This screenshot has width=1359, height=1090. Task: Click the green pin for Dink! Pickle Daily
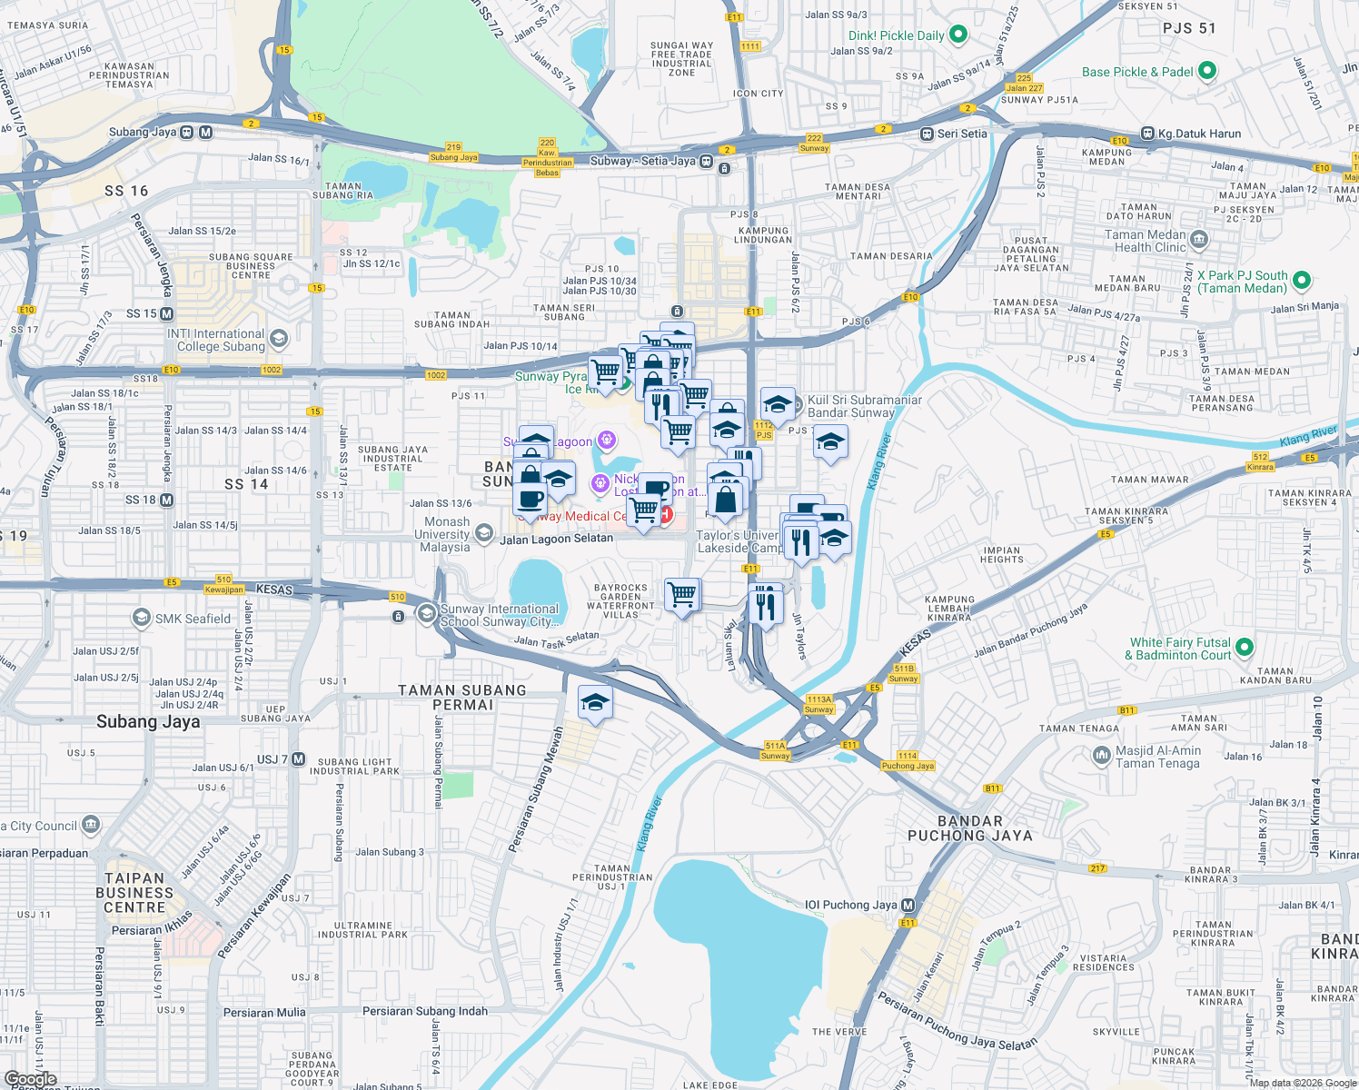(957, 35)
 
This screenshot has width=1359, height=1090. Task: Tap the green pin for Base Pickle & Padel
(1206, 71)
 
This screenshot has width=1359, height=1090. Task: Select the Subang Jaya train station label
(143, 133)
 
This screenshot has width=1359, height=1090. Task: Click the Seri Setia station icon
(927, 134)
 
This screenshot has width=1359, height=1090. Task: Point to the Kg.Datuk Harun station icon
(1147, 134)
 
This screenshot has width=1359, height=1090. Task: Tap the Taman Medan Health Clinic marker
(1198, 240)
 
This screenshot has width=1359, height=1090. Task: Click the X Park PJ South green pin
(1301, 282)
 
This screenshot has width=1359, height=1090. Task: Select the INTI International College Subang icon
(279, 340)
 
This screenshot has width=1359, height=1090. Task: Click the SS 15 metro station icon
(166, 313)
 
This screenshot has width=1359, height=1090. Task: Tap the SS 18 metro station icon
(166, 500)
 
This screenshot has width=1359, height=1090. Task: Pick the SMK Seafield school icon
(141, 619)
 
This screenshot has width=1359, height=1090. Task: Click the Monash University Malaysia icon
(483, 533)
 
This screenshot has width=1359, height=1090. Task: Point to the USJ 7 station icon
(298, 758)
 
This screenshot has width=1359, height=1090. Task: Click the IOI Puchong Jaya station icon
(908, 905)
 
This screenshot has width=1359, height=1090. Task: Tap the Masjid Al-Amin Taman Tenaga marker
(1101, 756)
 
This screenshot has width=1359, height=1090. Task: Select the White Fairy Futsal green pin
(1245, 648)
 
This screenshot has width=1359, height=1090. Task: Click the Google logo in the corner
(31, 1079)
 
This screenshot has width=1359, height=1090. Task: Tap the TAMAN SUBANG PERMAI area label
(462, 698)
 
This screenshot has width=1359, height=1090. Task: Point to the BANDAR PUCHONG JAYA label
(970, 828)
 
